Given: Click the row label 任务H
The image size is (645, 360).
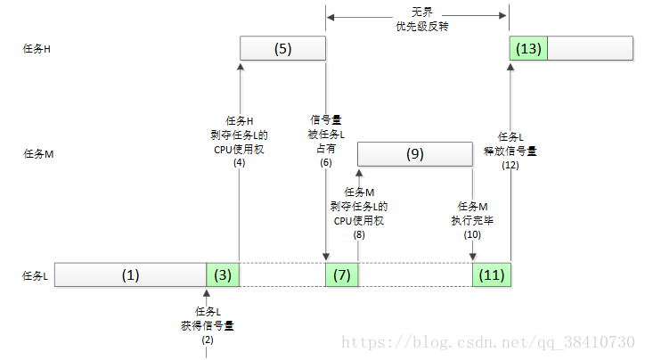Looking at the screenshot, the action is point(37,49).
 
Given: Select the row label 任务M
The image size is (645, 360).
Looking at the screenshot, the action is point(38,154).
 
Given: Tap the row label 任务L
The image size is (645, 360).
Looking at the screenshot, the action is point(35,275).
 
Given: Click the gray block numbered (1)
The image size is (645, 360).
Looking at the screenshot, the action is point(130,274).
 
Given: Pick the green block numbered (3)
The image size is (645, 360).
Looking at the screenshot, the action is point(223,274).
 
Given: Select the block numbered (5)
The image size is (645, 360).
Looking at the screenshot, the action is point(282,48).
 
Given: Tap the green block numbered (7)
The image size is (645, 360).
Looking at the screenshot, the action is point(342,274).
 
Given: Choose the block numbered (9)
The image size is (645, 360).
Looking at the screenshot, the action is point(415,154).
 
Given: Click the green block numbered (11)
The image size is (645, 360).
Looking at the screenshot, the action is point(492,274).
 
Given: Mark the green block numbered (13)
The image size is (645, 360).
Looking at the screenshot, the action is point(528,48).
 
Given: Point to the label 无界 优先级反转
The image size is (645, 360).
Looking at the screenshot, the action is point(422,20).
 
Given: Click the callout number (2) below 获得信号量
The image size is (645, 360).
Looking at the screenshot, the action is point(208,340).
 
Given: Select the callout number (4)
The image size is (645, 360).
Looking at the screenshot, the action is point(240,162).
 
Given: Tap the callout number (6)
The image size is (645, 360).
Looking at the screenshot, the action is point(326,162).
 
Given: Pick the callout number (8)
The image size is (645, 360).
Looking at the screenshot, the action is point(359,234).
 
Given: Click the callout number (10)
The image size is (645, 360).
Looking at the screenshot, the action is point(472,234).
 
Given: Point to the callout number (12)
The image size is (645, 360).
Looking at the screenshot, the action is point(510,166).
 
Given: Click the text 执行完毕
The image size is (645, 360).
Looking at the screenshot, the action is point(472,220).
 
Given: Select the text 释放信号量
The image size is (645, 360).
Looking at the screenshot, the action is point(510,151).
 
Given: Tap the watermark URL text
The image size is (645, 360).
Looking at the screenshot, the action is point(488,342).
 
